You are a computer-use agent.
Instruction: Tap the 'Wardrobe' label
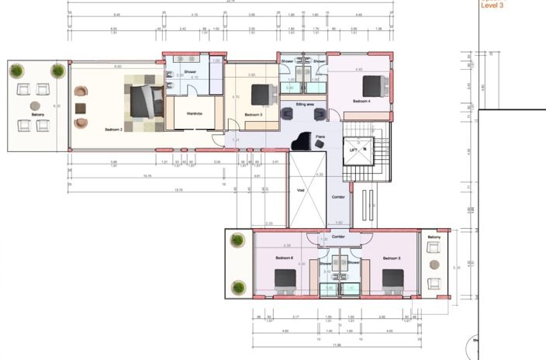coord(194,113)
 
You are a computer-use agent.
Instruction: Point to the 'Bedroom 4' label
coord(362,102)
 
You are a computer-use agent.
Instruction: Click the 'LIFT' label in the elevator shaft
coord(354,151)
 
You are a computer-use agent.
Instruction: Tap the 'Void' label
coord(301,189)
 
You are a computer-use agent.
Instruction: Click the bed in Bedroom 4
coord(373,85)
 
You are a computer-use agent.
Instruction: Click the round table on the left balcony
coord(36,106)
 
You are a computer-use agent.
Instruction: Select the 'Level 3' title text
coord(492,5)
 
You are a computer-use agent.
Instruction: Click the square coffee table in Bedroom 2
coord(81,108)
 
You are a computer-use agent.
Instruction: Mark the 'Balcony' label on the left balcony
coord(37,115)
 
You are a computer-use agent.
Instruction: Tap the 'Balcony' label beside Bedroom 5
coord(434,237)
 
